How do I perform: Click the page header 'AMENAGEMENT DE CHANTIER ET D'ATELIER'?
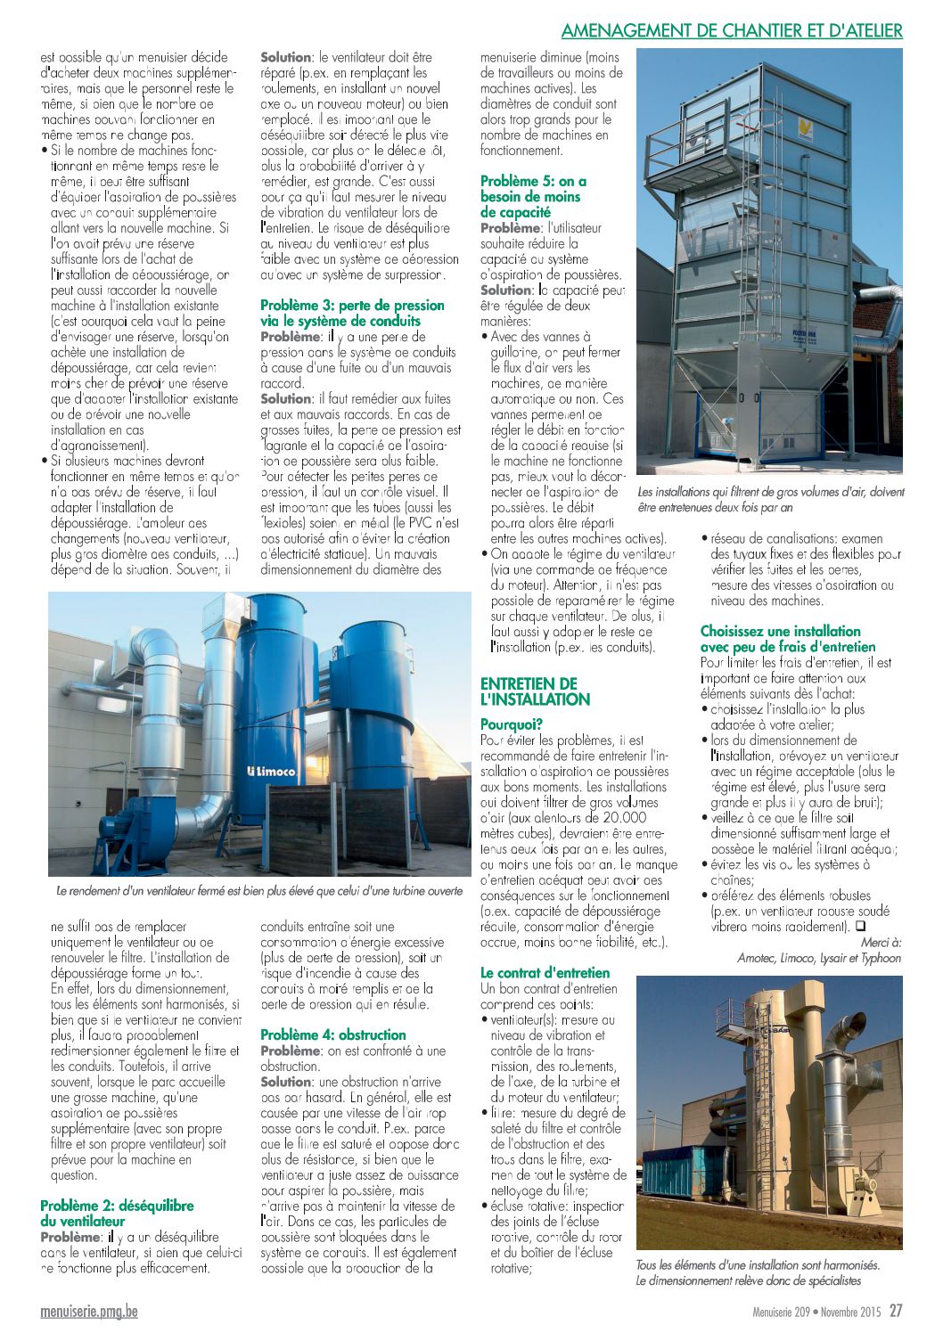732,30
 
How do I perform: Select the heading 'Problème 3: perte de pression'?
340,314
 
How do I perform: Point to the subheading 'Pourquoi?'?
512,725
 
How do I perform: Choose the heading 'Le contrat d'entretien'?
545,973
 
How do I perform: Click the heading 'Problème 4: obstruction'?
332,1035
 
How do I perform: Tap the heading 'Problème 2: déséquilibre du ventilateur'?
117,1214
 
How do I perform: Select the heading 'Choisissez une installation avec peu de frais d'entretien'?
788,639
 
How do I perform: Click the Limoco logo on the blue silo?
271,772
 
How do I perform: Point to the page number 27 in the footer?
896,1311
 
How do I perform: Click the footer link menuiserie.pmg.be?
89,1312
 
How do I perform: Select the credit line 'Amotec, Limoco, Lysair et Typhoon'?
819,958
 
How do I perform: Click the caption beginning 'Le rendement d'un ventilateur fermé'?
258,890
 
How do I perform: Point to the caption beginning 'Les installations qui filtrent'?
770,499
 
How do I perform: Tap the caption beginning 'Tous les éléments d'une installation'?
758,1272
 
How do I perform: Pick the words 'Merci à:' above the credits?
881,942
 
